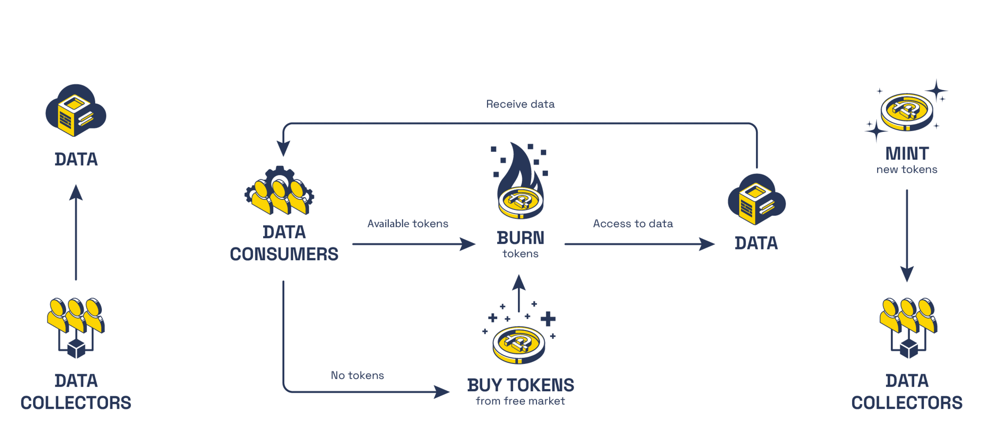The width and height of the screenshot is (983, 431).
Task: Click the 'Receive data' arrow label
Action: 520,104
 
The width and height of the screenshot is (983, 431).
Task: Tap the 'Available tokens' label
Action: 407,224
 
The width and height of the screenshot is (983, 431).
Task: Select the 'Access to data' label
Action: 633,224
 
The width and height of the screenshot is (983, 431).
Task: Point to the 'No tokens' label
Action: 357,375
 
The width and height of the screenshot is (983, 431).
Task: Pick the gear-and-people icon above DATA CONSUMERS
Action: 279,191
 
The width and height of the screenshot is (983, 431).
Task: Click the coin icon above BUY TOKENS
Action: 519,343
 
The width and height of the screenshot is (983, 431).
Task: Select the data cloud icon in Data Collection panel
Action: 76,110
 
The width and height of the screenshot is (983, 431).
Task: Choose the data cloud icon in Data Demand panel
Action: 756,199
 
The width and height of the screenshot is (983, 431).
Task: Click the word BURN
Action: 520,238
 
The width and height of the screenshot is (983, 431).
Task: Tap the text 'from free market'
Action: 520,401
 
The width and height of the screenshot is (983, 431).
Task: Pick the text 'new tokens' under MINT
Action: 907,169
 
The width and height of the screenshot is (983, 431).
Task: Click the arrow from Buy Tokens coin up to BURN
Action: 518,293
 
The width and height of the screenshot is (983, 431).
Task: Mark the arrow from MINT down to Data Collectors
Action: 907,235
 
